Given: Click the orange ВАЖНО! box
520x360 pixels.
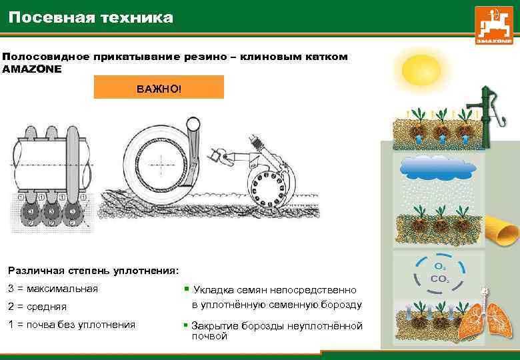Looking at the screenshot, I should click(x=159, y=87).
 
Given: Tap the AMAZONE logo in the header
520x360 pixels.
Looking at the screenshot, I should click(x=494, y=25).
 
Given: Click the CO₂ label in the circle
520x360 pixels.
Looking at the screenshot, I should click(x=439, y=279).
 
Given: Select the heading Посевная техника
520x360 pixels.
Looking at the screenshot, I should click(x=91, y=17).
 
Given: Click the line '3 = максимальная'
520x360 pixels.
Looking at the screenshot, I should click(x=53, y=289).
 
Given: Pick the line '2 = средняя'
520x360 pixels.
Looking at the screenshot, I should click(x=37, y=307).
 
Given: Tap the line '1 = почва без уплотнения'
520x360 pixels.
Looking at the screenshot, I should click(x=71, y=325).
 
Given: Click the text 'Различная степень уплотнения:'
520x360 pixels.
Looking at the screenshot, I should click(x=93, y=271).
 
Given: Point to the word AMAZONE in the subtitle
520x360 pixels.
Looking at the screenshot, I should click(x=32, y=69).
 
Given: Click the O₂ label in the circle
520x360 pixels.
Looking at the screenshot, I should click(x=440, y=267).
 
